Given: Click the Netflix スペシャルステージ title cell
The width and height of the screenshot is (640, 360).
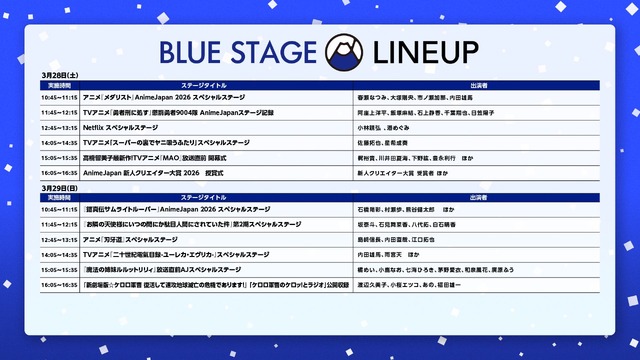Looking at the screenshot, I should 119,128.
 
